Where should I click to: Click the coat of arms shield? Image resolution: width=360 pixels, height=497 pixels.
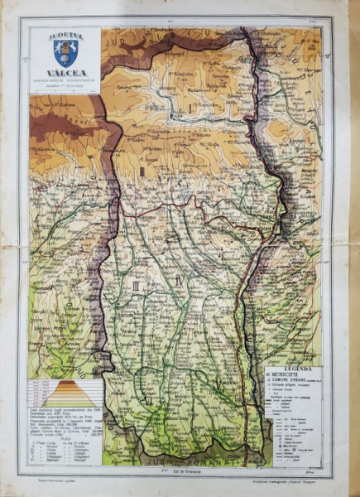65,53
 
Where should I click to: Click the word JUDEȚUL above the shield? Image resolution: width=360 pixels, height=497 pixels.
65,35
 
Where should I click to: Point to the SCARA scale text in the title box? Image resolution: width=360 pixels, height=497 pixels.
65,85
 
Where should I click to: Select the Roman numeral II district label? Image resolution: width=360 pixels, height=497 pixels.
142,171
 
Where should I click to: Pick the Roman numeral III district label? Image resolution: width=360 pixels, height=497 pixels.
135,284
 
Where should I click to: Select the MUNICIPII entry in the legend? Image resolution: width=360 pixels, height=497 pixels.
296,374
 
